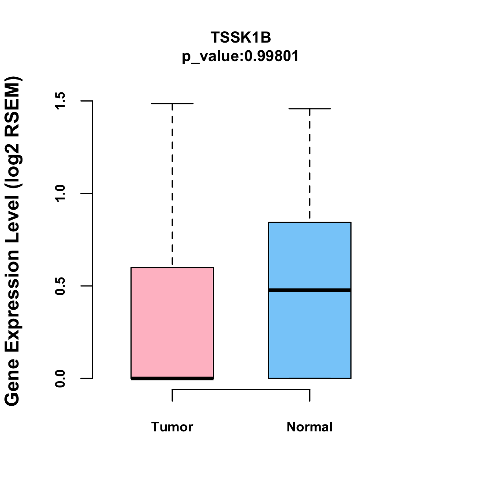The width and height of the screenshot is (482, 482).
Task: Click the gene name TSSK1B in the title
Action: pos(241,37)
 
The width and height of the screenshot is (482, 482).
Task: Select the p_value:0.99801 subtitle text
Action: pos(241,56)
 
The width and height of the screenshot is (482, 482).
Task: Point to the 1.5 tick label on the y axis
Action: pos(60,101)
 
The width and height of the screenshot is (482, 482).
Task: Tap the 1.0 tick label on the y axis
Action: pos(60,193)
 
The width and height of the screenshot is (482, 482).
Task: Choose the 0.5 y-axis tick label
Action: pos(60,286)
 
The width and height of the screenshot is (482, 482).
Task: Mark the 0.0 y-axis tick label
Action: pos(60,378)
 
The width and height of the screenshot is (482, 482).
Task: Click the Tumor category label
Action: pos(172,427)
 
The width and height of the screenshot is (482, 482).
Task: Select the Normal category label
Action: pos(310,427)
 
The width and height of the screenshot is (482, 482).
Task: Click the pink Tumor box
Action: pos(172,321)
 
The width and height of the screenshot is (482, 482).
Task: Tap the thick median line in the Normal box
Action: pos(310,290)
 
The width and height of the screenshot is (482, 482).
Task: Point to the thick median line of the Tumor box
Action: pos(172,378)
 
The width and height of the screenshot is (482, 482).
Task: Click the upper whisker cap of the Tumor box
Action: pos(172,104)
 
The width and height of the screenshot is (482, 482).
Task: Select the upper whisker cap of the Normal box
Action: pos(310,109)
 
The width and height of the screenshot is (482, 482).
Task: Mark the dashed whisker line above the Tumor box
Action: pos(172,185)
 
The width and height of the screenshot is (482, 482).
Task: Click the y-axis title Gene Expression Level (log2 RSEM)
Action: pos(13,241)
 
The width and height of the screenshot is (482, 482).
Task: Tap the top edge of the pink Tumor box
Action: pos(172,268)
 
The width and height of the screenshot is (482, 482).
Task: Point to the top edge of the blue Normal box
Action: pos(310,222)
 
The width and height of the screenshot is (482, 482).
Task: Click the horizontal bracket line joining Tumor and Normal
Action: pos(241,389)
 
